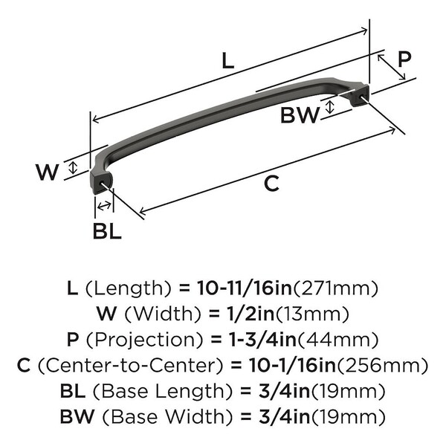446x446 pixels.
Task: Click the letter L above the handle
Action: pos(228,60)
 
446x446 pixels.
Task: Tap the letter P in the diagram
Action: pos(404,59)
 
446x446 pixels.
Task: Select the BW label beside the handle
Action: pos(300,115)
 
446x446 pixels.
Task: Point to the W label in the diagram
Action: pos(48,172)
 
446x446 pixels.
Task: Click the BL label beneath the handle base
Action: pos(107,230)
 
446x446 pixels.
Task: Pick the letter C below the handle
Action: pos(271,184)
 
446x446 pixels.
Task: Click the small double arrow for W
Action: pos(74,167)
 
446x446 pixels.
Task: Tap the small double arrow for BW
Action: pos(329,107)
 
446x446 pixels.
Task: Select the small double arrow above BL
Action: pos(104,205)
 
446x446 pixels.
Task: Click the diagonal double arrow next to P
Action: pos(392,67)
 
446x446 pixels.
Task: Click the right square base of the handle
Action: pos(360,95)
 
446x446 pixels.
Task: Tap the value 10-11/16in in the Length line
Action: pos(245,288)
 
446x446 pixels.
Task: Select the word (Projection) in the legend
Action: pos(145,340)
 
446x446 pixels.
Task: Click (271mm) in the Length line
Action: pos(336,288)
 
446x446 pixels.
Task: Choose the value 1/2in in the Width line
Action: pos(251,314)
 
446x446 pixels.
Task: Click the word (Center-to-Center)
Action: pos(131,366)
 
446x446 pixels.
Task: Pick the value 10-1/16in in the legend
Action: pos(292,366)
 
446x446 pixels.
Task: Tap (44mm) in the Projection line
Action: pos(337,340)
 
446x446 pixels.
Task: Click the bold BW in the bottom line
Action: pos(77,417)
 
